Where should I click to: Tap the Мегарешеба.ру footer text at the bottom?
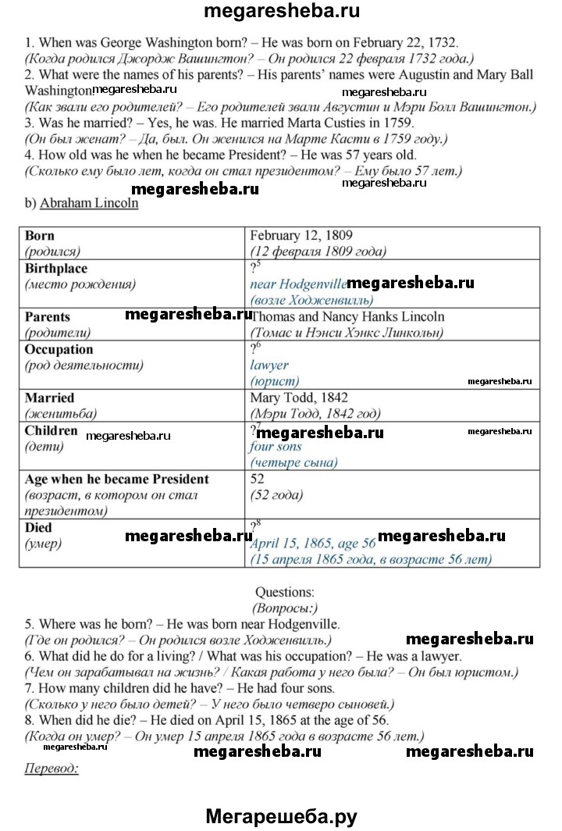coord(281,817)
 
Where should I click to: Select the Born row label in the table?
coord(40,235)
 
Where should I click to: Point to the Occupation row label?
coord(59,349)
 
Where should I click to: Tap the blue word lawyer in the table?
coord(269,365)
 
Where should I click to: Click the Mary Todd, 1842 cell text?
coord(298,398)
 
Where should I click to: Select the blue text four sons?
coord(275,447)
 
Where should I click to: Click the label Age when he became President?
coord(116,479)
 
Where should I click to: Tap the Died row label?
coord(38,528)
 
